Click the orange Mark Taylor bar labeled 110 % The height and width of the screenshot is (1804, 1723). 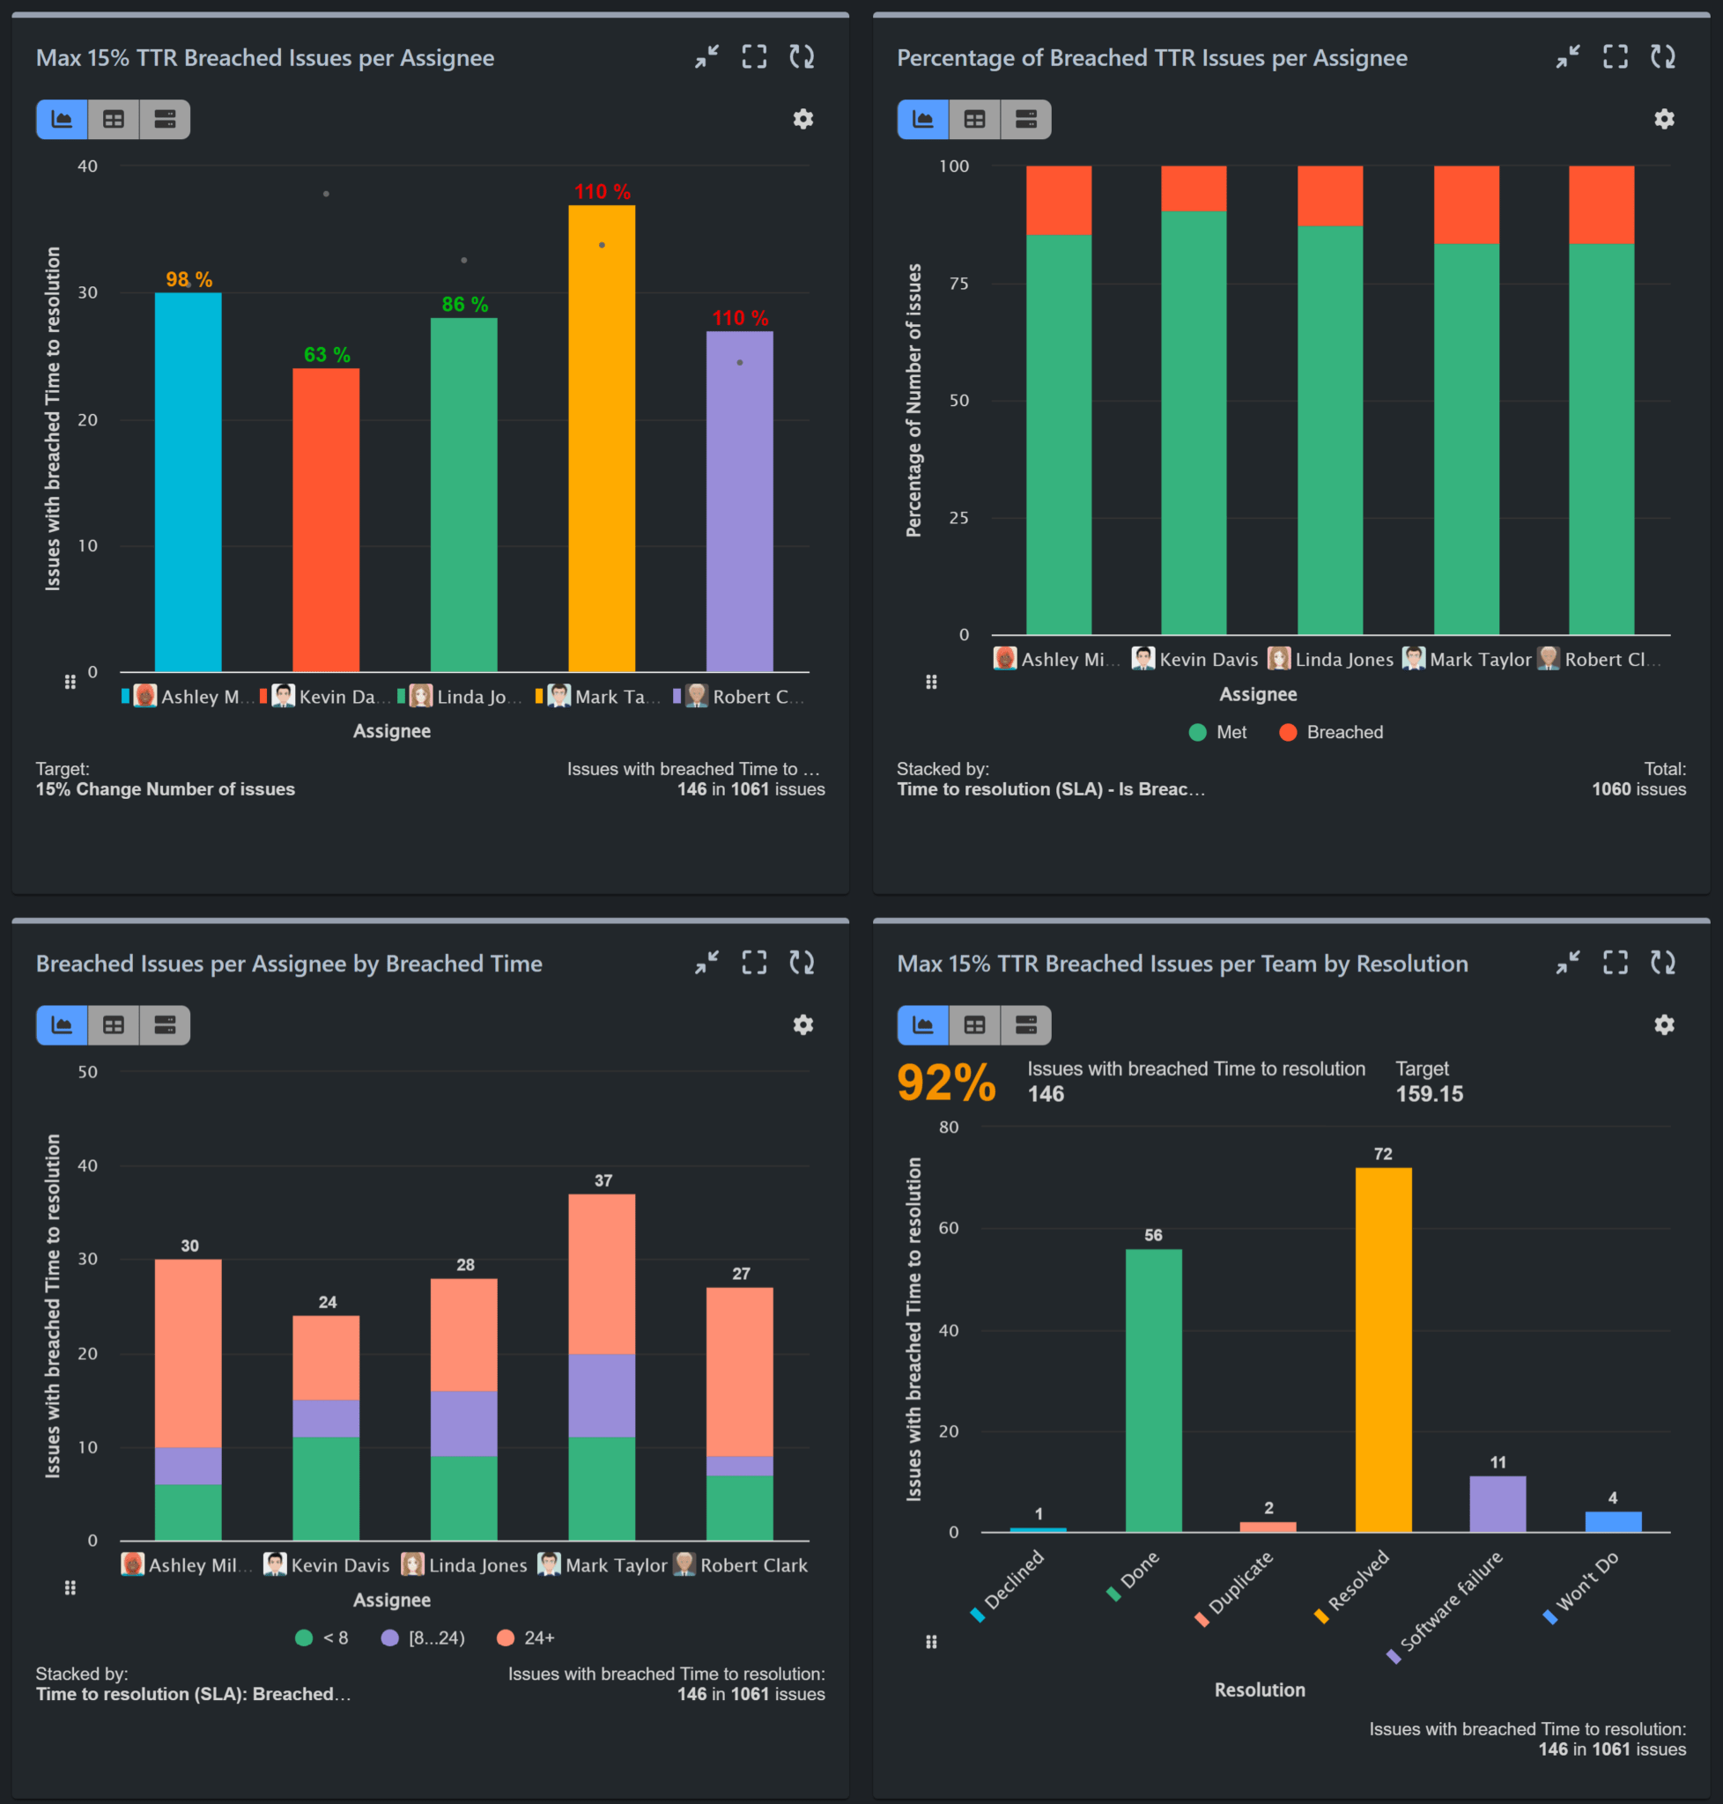tap(601, 441)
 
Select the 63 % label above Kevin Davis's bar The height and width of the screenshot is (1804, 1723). tap(327, 355)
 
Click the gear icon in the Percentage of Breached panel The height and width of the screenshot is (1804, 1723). tap(1663, 120)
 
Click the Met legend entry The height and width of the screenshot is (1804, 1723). tap(1218, 732)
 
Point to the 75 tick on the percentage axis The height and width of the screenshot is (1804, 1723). tap(958, 284)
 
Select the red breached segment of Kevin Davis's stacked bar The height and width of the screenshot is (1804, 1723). tap(1193, 189)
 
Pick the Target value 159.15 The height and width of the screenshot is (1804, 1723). tap(1429, 1094)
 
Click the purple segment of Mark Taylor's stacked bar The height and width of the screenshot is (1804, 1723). tap(601, 1394)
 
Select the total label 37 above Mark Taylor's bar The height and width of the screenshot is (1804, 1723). tap(603, 1180)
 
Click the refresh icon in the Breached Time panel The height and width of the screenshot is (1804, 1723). tap(801, 963)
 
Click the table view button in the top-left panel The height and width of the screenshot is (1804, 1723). tap(113, 120)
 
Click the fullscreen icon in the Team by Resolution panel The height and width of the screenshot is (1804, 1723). tap(1615, 963)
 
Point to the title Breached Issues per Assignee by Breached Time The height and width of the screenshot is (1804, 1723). tap(288, 964)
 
